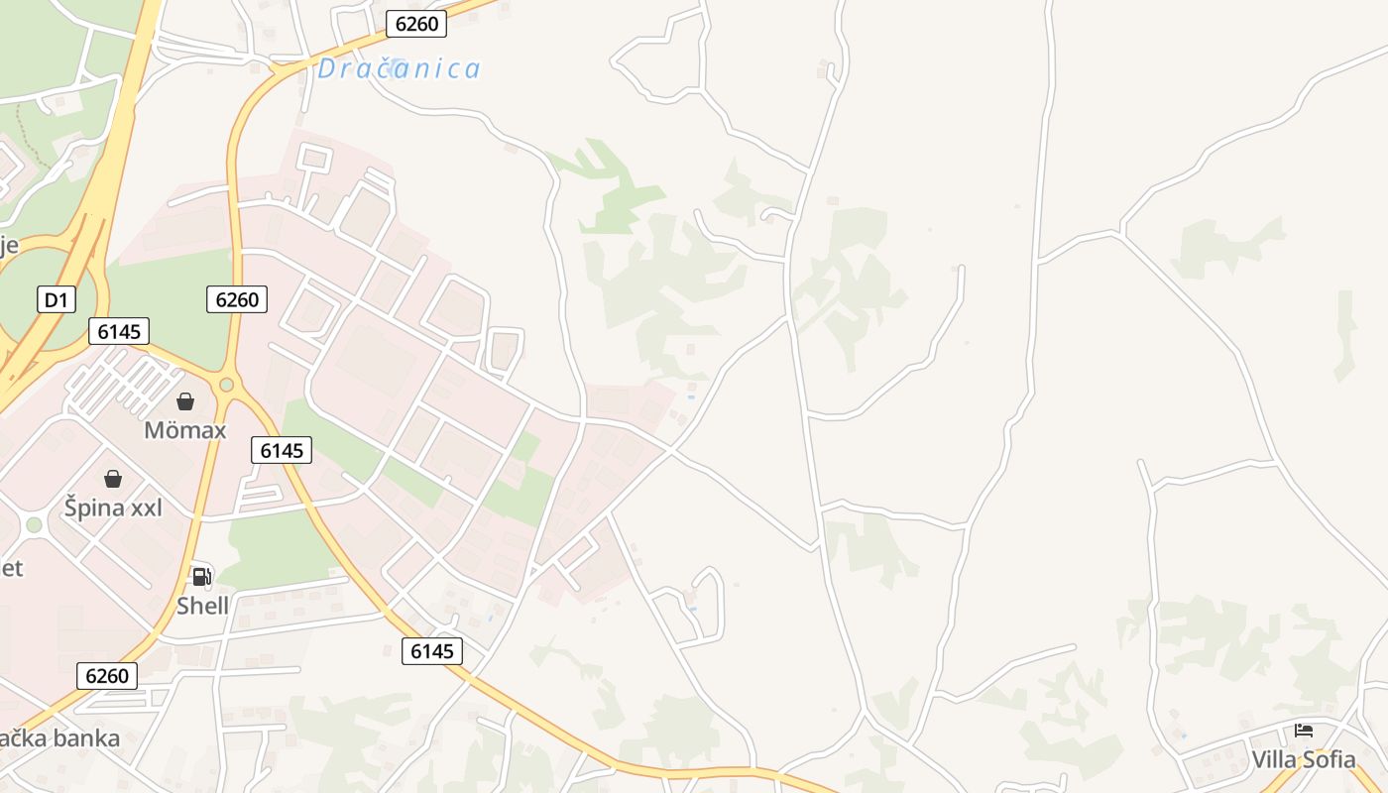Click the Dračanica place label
tap(399, 68)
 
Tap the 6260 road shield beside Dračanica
tap(415, 24)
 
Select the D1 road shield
tap(57, 299)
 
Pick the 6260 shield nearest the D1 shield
tap(237, 299)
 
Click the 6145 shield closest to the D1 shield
tap(119, 331)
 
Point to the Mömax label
tap(185, 430)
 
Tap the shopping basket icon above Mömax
tap(185, 401)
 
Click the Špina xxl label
tap(113, 508)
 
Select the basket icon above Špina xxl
tap(113, 479)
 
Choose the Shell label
tap(202, 606)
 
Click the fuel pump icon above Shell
tap(201, 576)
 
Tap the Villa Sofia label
tap(1303, 760)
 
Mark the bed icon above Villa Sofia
tap(1303, 731)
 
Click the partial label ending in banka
tap(59, 738)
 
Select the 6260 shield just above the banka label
tap(107, 676)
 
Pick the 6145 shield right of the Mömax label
tap(282, 450)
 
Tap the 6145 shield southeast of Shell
tap(432, 651)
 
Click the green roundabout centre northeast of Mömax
tap(227, 385)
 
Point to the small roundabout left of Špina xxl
tap(34, 524)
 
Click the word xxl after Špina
tap(140, 508)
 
